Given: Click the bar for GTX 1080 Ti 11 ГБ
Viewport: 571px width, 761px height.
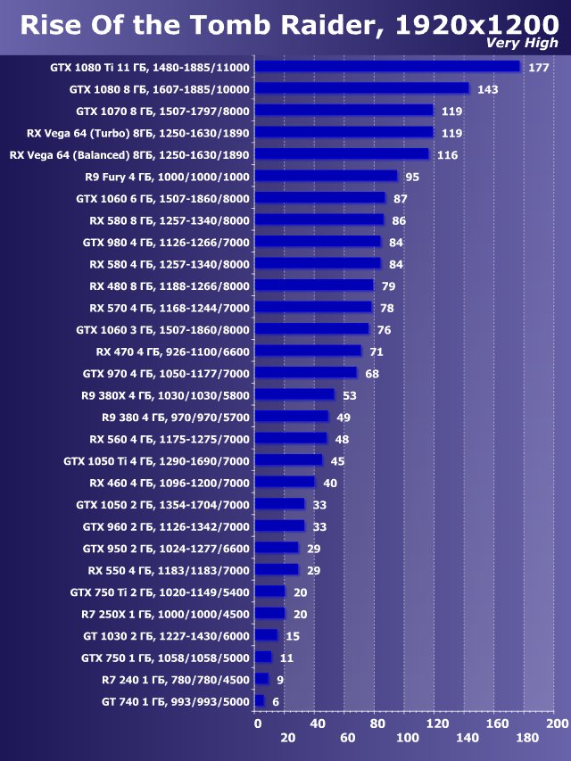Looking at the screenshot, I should tap(387, 67).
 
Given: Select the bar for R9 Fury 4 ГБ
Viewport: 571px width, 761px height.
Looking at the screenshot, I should tap(326, 177).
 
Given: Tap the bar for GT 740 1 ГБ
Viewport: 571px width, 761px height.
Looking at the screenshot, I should tap(260, 702).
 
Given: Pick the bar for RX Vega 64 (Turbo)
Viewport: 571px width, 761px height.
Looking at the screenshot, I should tap(343, 133).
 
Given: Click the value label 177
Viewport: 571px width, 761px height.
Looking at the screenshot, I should tap(538, 68).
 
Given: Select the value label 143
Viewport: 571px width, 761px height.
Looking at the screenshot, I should tap(487, 89).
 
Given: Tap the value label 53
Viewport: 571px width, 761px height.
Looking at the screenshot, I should tap(349, 395).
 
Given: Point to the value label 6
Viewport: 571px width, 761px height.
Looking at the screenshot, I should tap(276, 702).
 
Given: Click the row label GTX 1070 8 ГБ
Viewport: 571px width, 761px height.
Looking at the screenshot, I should tap(163, 112).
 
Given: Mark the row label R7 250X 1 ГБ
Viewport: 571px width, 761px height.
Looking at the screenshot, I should tap(163, 614).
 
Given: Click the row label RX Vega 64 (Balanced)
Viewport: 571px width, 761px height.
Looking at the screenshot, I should tap(129, 155).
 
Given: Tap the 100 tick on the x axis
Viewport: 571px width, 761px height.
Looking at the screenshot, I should tap(408, 738).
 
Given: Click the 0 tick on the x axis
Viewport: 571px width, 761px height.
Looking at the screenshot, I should tap(258, 724).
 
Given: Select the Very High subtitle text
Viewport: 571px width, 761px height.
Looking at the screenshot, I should tap(522, 43).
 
